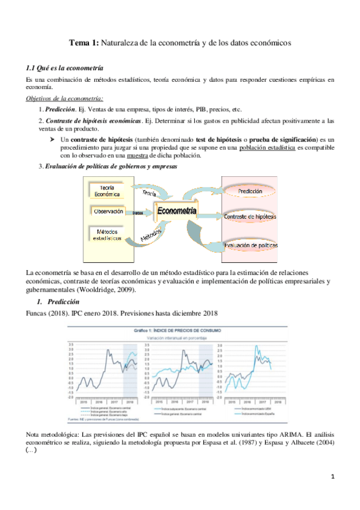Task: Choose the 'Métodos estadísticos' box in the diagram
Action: (x=108, y=235)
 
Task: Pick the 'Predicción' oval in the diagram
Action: (x=249, y=191)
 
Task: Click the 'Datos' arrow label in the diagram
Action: (x=138, y=213)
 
